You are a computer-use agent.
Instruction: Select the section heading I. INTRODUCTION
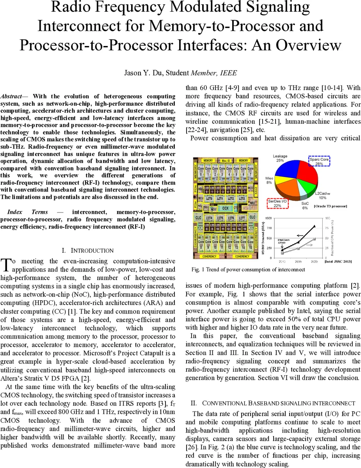pyautogui.click(x=88, y=250)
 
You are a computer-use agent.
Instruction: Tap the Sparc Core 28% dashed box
pyautogui.click(x=319, y=162)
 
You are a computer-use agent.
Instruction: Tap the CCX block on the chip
pyautogui.click(x=225, y=208)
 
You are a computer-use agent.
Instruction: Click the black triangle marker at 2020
pyautogui.click(x=315, y=226)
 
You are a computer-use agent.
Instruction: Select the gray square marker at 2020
pyautogui.click(x=315, y=239)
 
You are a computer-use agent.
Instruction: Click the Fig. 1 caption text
pyautogui.click(x=248, y=269)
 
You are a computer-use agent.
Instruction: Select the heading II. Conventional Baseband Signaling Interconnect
pyautogui.click(x=273, y=403)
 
